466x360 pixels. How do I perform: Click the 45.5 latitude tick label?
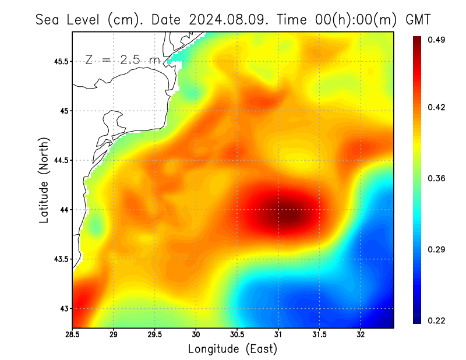coord(59,61)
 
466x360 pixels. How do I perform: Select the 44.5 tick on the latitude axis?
coord(59,160)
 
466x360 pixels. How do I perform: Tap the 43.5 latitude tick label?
coord(59,259)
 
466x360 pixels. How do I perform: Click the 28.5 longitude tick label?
coord(73,334)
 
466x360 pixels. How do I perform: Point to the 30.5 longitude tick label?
coord(237,334)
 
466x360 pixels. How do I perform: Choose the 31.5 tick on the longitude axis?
coord(319,334)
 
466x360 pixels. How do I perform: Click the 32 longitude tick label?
coord(361,334)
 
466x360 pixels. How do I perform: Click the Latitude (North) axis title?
coord(44,180)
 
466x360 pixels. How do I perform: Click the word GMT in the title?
coord(418,19)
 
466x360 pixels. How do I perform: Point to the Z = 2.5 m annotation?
coord(123,59)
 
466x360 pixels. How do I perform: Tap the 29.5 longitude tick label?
coord(155,334)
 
